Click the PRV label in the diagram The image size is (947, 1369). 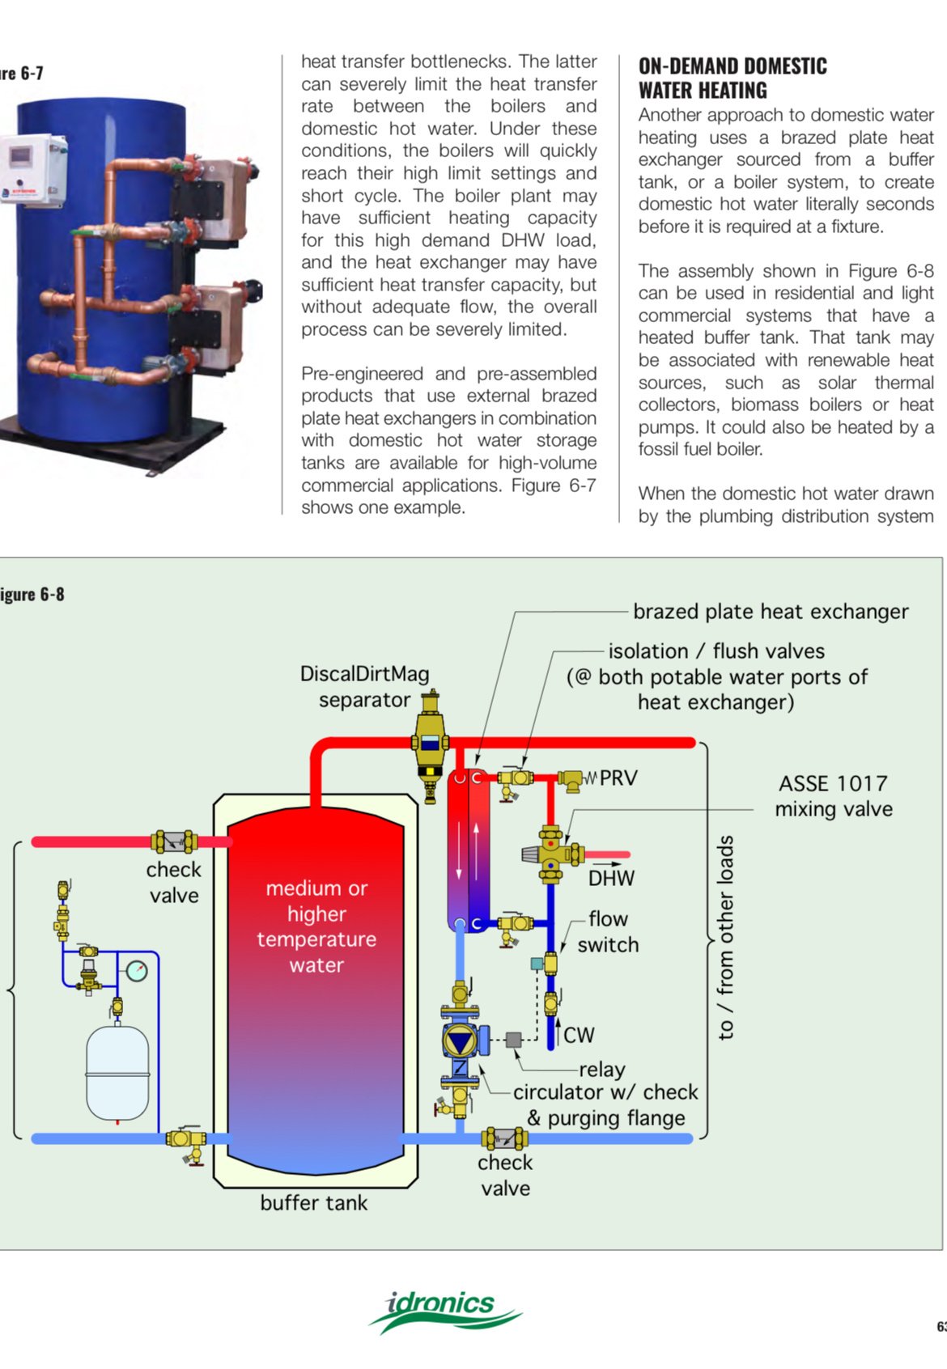coord(618,778)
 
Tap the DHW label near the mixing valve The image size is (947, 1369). coord(611,879)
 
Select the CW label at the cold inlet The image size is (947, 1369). coord(579,1036)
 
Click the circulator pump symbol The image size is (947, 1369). coord(461,1040)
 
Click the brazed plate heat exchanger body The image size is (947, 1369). coord(469,850)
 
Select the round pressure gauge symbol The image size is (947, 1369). coord(137,970)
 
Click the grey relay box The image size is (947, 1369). coord(513,1041)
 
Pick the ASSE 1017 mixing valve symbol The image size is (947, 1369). coord(552,854)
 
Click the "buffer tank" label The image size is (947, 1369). coord(313,1203)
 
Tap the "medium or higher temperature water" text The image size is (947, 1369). coord(316,926)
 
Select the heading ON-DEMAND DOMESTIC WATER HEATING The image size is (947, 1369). coord(733,78)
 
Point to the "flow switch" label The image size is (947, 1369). coord(608,932)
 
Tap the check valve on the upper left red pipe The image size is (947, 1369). coord(175,842)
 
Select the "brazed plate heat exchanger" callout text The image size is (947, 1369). coord(771,612)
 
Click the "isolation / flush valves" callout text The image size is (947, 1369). coord(716,651)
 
